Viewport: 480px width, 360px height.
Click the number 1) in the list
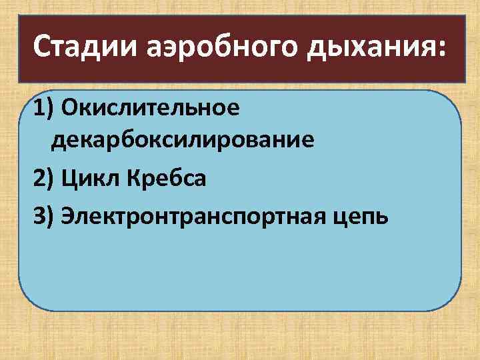pos(43,108)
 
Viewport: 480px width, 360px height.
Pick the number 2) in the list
pos(43,179)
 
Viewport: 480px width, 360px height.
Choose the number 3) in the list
pos(43,215)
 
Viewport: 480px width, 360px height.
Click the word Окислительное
pos(148,108)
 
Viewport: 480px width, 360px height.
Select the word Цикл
pos(85,179)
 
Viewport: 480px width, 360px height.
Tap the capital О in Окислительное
pos(68,108)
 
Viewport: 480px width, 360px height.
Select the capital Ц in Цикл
pos(68,179)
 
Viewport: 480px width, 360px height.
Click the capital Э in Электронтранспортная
pos(67,215)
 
